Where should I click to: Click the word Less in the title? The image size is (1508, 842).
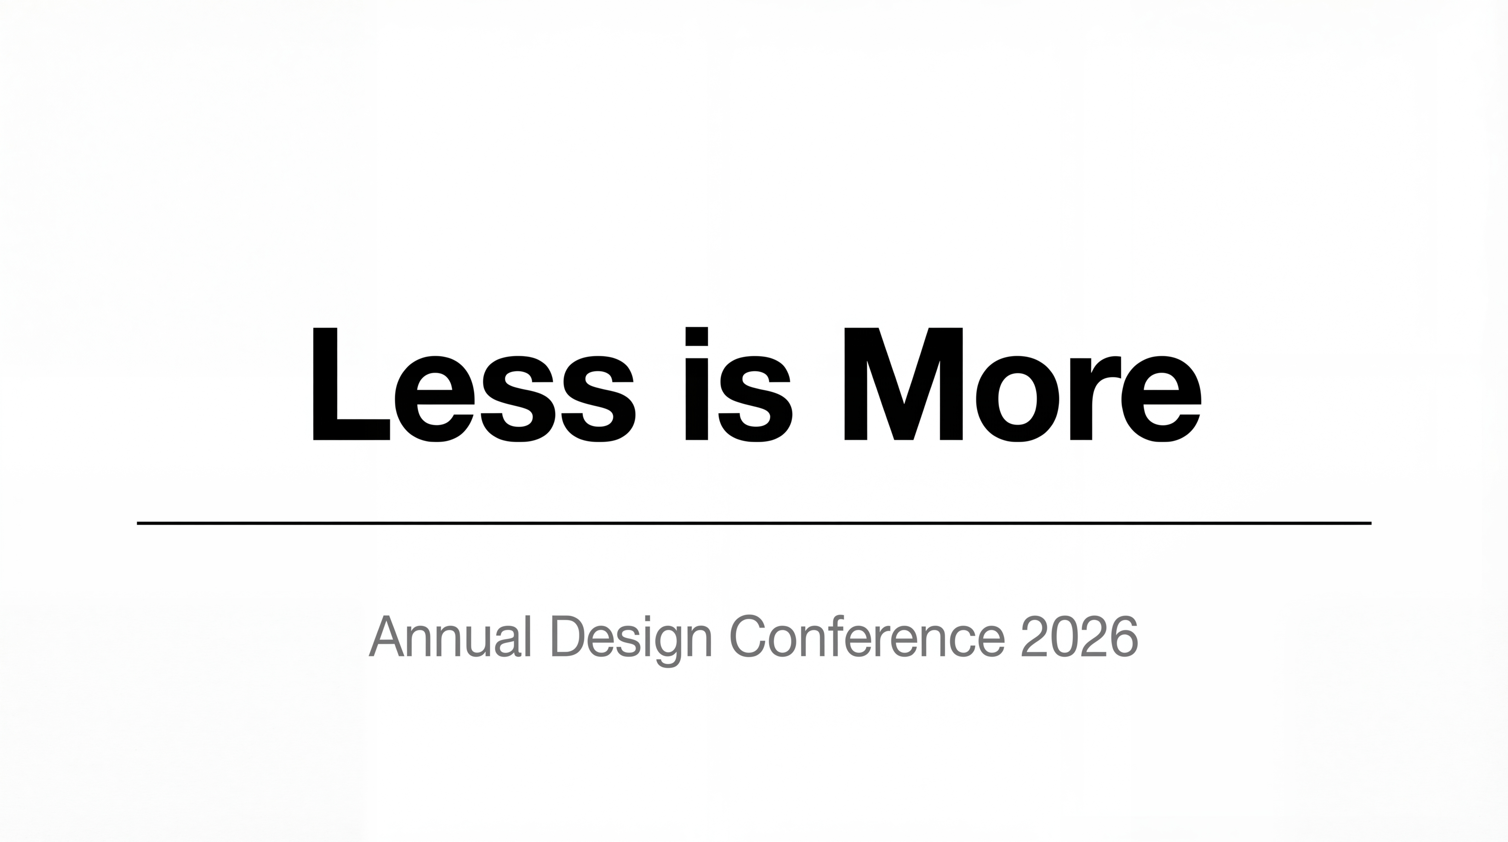pos(475,384)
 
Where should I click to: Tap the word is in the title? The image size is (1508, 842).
pos(739,384)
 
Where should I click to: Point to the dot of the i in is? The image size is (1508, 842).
pos(697,336)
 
